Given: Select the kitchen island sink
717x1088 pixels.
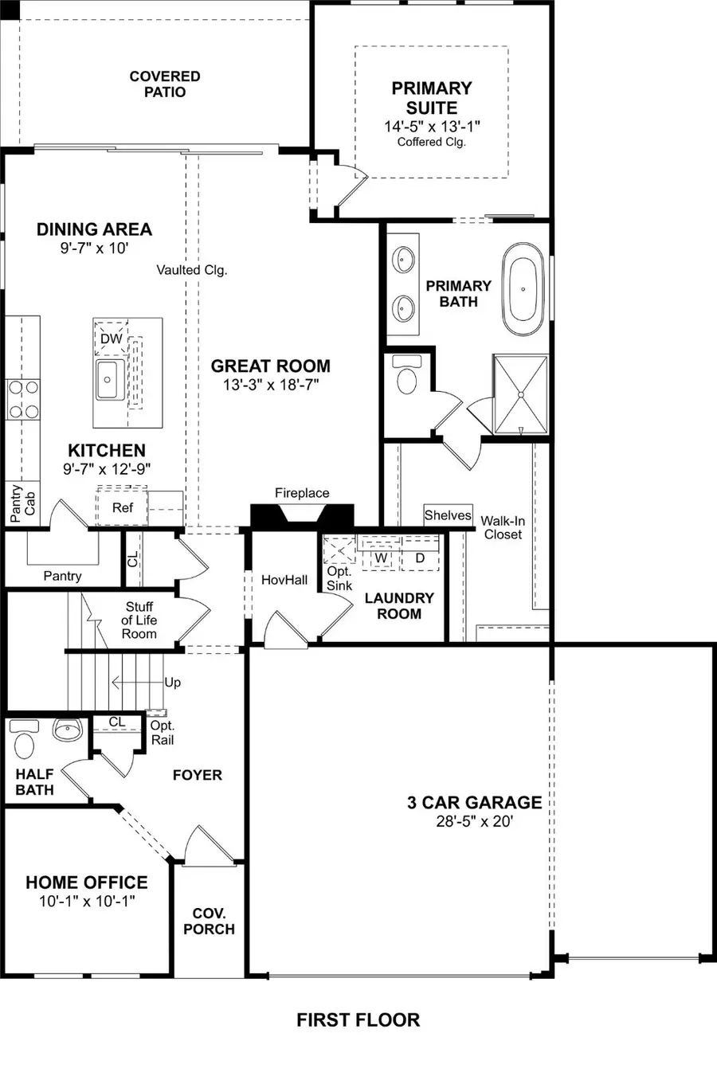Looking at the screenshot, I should [108, 379].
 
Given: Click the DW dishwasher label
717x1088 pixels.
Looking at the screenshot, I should [111, 339].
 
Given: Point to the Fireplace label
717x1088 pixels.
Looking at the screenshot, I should [302, 493].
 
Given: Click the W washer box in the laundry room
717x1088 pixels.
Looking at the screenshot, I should [381, 558].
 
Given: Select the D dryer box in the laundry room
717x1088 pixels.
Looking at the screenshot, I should [420, 558].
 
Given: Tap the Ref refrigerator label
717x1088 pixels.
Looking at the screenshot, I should [123, 507].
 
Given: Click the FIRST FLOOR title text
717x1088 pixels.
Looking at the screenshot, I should [358, 1020].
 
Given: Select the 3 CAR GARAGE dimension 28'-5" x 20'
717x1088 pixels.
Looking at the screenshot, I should [474, 821].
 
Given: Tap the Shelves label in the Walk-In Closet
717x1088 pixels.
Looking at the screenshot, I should [448, 515].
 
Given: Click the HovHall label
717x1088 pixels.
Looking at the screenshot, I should [284, 580].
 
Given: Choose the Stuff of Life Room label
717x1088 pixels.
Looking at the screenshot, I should [139, 620].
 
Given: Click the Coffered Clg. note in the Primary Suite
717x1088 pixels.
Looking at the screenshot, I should [431, 142].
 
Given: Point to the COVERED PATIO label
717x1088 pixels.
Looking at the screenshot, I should [165, 84].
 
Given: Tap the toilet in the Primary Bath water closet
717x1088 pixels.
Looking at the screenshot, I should [407, 378].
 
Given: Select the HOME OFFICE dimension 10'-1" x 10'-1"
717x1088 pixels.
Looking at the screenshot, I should [87, 902].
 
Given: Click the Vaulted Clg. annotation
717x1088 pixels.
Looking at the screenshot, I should [191, 270].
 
